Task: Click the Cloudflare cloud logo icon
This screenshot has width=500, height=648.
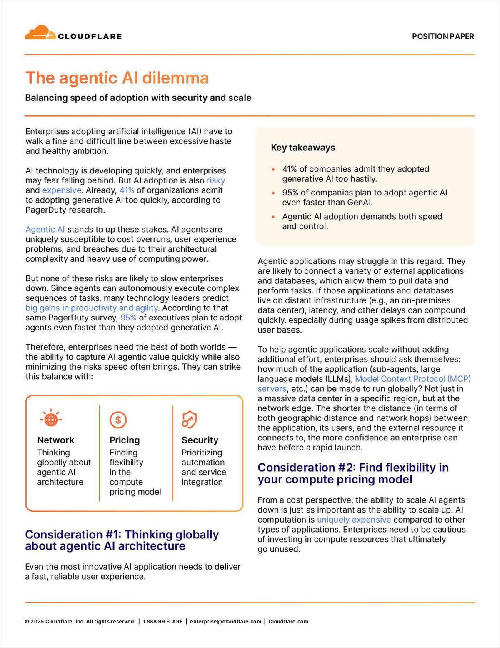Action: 40,33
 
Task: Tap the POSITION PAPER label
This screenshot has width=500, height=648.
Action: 443,36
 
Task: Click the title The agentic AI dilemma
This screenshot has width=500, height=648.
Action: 117,78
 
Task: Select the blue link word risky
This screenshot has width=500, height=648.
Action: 216,180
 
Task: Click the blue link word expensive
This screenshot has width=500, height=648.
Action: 62,190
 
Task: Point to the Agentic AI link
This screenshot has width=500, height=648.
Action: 45,230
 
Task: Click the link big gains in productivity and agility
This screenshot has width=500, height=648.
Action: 92,308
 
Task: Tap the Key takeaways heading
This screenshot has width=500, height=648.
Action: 303,148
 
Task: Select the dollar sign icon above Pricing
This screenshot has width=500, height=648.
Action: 118,420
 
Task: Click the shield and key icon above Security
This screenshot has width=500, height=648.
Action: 189,419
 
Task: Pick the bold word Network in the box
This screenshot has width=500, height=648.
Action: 56,440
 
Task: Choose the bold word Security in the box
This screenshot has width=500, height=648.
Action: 200,440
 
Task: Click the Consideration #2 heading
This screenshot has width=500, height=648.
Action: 353,473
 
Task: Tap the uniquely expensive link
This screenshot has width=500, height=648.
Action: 354,520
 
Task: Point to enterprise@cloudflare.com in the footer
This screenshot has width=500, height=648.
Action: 225,621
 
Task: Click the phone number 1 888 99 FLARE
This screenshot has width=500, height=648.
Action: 162,621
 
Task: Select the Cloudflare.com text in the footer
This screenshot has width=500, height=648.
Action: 288,621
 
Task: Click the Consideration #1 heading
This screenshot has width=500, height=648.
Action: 122,540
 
